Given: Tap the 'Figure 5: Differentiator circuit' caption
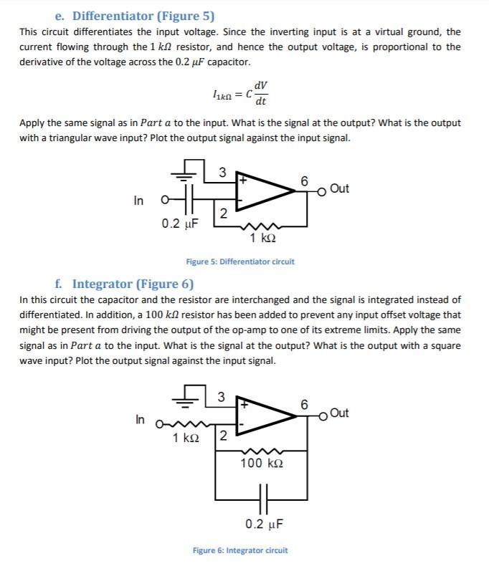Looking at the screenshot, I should click(240, 262).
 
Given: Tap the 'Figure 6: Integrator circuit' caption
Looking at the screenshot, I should click(240, 550).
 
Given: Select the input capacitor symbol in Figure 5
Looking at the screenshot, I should click(187, 200).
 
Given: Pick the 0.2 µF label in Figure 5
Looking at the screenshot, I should click(179, 224).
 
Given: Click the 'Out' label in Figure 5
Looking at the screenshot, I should click(341, 188).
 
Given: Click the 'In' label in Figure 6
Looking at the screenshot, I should click(140, 419).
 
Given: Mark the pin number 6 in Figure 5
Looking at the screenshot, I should click(305, 182).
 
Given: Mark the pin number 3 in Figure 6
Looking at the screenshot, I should click(222, 396).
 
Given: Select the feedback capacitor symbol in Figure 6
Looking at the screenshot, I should click(262, 496).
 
